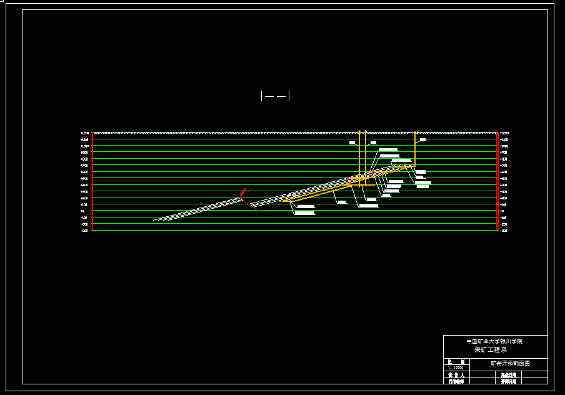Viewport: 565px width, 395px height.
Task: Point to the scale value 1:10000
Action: click(x=456, y=368)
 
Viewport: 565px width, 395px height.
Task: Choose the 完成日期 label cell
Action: click(x=509, y=375)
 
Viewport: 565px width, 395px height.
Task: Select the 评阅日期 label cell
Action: click(x=509, y=381)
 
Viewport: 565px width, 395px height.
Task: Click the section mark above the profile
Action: click(x=275, y=96)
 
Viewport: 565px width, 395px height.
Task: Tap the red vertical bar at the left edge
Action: click(x=92, y=181)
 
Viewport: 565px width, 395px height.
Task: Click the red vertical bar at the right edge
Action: click(x=497, y=181)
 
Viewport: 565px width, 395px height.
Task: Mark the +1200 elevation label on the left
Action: click(x=84, y=133)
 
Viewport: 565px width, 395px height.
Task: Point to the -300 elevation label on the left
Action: click(x=84, y=230)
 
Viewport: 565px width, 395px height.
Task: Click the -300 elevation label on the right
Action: click(x=504, y=230)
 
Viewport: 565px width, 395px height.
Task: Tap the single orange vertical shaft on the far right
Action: click(x=415, y=150)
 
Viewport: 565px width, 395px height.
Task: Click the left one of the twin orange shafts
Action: click(x=359, y=156)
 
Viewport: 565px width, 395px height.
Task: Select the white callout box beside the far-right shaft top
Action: click(x=422, y=140)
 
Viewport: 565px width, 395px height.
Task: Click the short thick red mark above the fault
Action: click(x=243, y=192)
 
